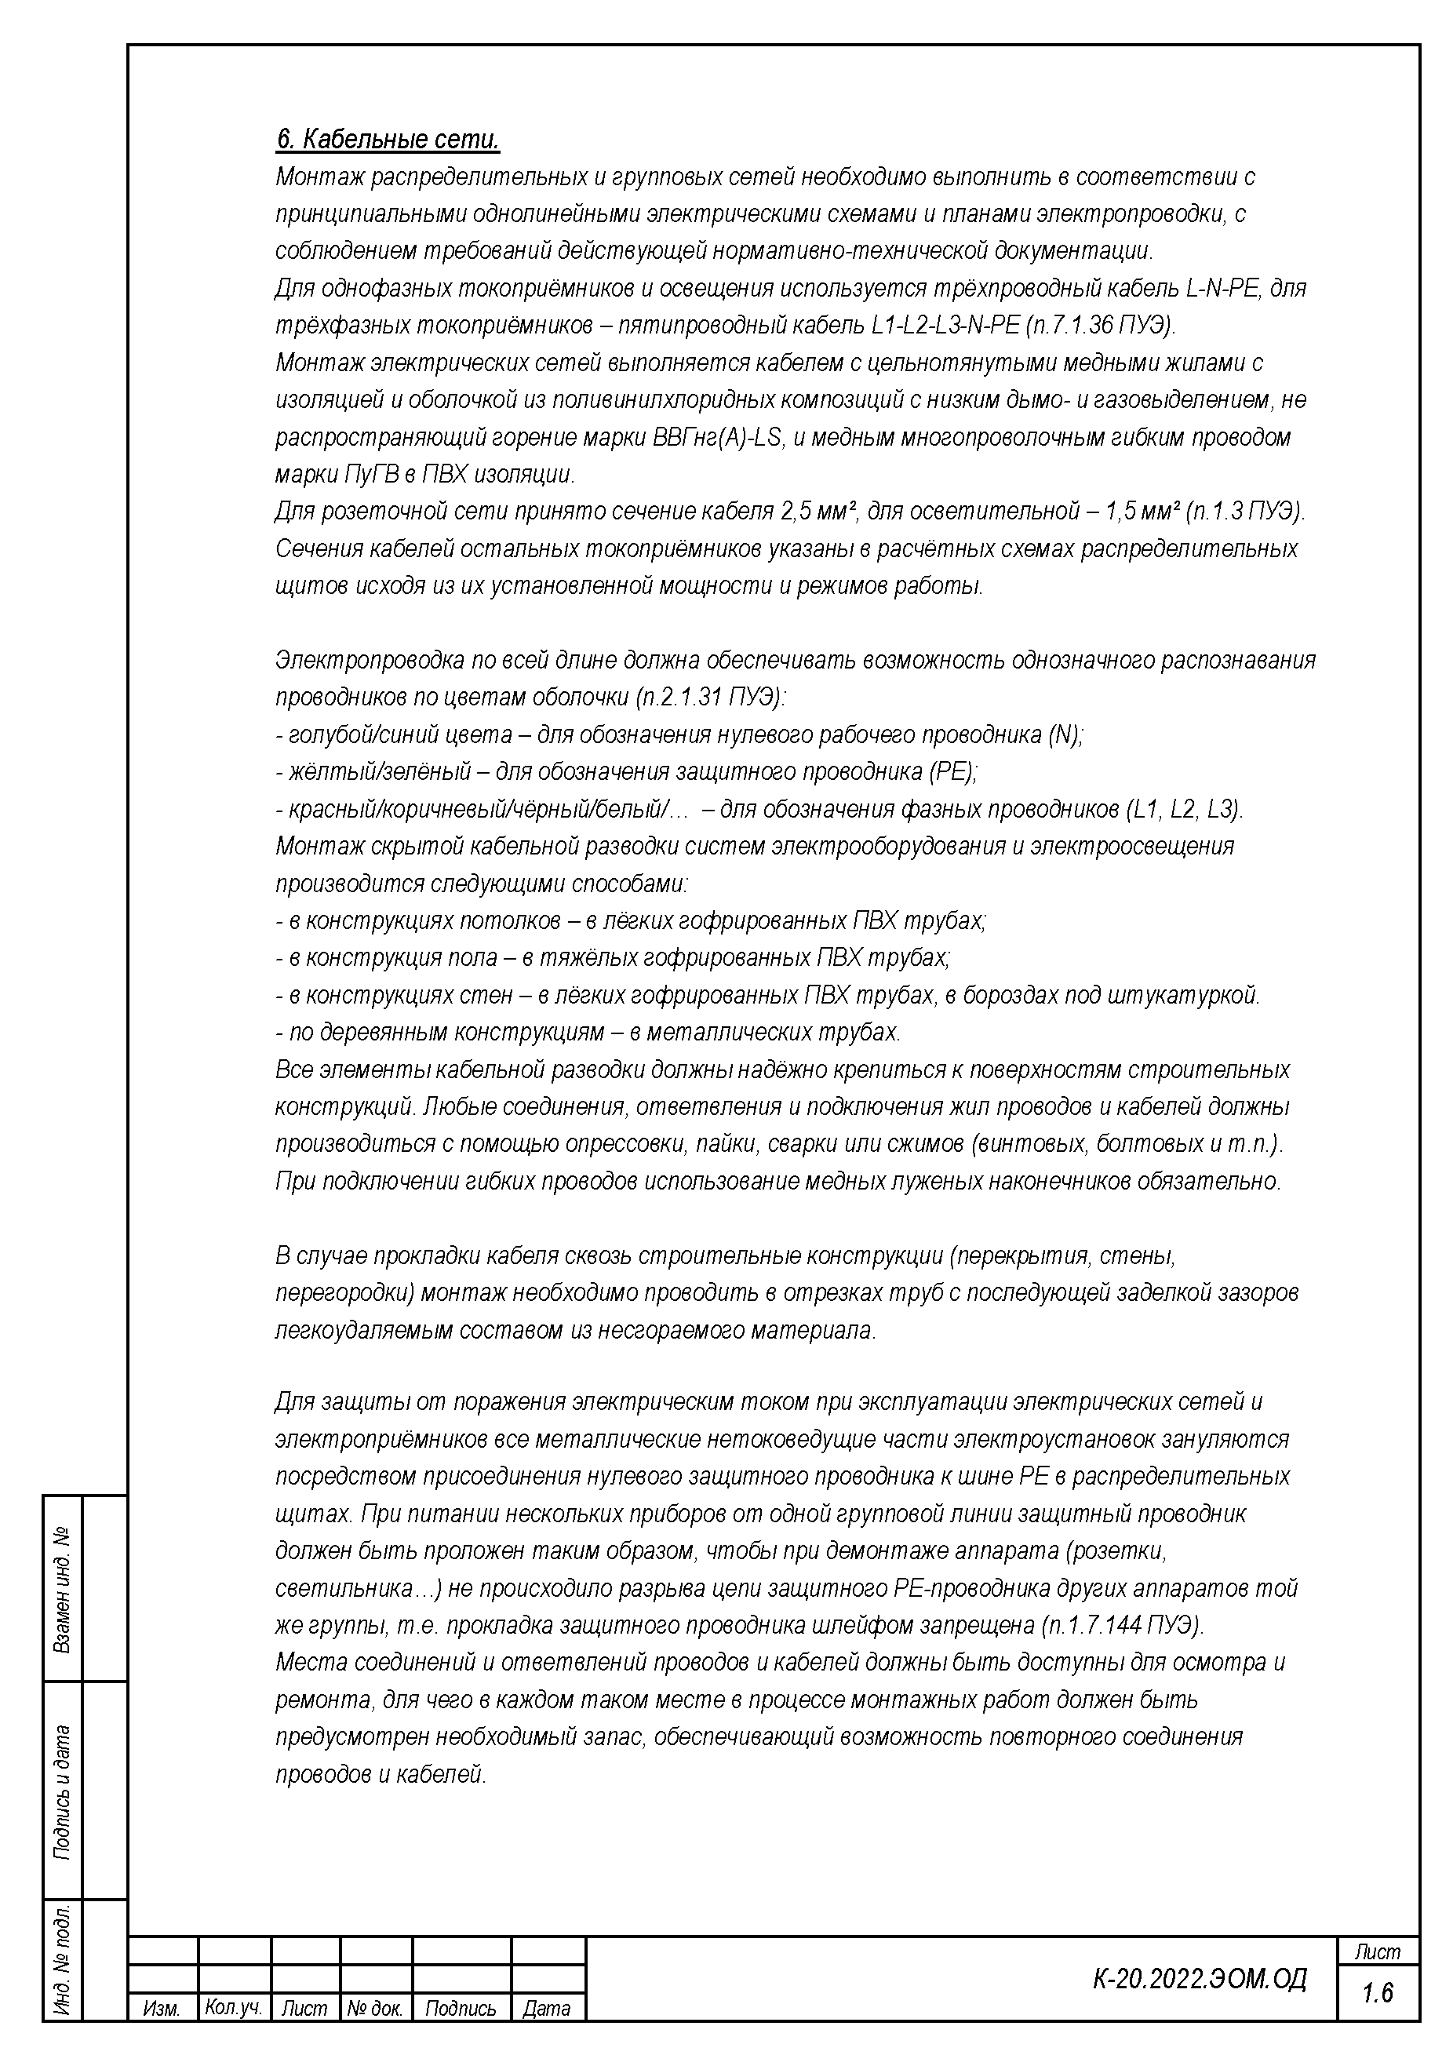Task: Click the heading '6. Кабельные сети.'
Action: [387, 140]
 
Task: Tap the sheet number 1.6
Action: [1378, 1992]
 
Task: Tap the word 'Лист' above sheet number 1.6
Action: [1378, 1951]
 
